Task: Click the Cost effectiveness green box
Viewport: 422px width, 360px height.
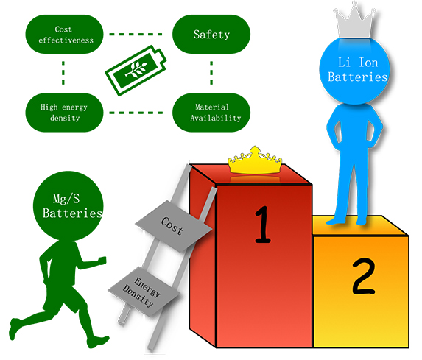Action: click(x=64, y=34)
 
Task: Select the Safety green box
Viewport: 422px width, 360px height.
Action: click(x=211, y=34)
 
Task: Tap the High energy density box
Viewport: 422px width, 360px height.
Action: click(x=64, y=113)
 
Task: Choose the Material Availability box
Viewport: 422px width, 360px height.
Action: click(x=211, y=113)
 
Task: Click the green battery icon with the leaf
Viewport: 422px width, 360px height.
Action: click(x=136, y=70)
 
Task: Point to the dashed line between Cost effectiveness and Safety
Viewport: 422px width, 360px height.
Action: click(x=136, y=35)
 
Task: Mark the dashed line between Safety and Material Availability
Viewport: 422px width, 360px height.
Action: click(x=211, y=73)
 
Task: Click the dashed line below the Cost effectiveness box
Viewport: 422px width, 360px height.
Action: click(x=63, y=73)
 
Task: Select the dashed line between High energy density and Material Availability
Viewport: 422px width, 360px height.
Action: click(x=136, y=113)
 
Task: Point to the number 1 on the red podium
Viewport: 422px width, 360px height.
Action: click(x=262, y=225)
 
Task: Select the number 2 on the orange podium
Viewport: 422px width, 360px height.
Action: click(x=364, y=276)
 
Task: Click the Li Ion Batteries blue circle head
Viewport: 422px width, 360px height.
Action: click(x=354, y=71)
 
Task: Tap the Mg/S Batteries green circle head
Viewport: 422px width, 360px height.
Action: click(x=68, y=206)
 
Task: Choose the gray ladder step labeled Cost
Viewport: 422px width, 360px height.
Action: click(x=174, y=227)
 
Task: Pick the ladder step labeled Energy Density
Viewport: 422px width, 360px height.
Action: click(x=144, y=291)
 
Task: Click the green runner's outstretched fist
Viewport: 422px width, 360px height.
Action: click(x=102, y=260)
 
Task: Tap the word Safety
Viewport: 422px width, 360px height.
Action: click(x=211, y=35)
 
